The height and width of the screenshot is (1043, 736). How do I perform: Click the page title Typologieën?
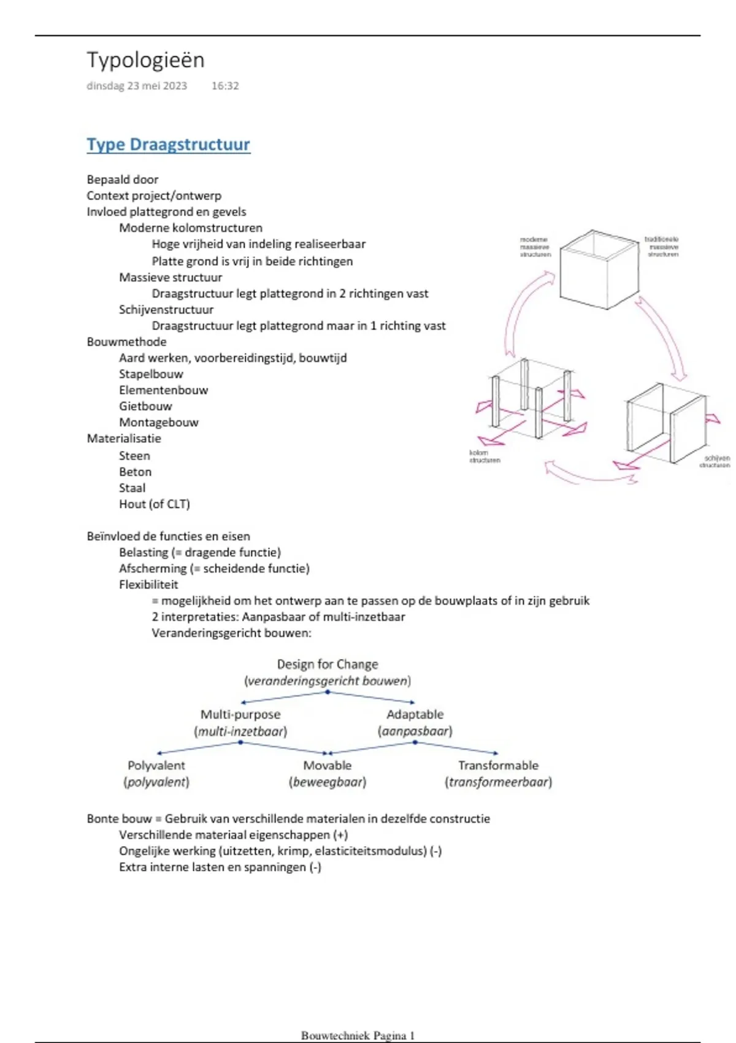point(145,60)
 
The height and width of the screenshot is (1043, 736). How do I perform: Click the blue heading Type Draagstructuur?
point(168,145)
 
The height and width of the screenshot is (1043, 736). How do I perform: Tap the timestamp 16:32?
point(225,86)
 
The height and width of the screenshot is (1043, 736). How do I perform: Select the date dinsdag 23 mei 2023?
point(137,86)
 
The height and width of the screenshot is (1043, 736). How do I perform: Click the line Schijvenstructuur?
point(166,309)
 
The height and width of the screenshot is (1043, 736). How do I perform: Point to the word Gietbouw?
point(145,406)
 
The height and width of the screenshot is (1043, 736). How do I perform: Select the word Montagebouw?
point(158,422)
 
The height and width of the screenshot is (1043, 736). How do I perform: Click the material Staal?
point(132,488)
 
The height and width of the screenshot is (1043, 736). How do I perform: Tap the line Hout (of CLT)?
point(155,504)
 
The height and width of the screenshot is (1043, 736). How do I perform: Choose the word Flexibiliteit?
point(148,584)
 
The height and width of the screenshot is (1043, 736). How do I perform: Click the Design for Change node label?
point(328,664)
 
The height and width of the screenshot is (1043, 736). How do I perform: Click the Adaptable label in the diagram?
point(415,715)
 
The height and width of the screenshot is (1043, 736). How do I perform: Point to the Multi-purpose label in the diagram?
point(240,715)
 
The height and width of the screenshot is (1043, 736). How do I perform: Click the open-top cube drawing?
point(597,270)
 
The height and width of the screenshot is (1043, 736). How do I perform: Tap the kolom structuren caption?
point(485,456)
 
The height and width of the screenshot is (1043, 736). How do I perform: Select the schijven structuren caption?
point(715,461)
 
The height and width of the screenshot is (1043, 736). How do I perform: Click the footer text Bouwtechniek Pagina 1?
point(358,1036)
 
